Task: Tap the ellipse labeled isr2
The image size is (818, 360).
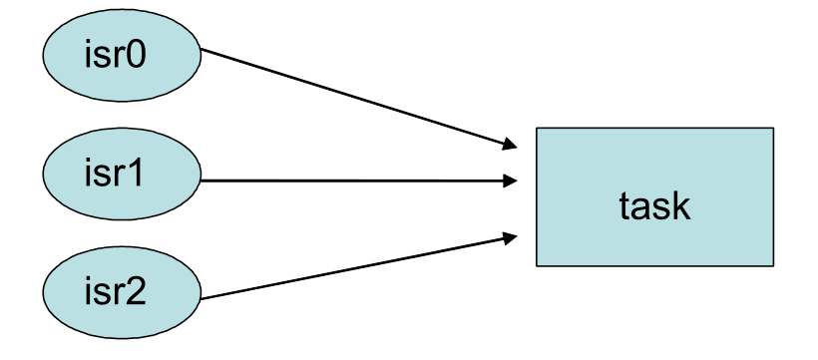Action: (x=120, y=295)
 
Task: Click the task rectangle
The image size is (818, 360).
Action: (x=654, y=197)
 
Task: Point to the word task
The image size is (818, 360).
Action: (x=654, y=205)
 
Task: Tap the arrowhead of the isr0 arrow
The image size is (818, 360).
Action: (x=511, y=147)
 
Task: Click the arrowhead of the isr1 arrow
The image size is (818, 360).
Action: (x=511, y=180)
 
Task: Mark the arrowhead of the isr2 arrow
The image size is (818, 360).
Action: (x=511, y=236)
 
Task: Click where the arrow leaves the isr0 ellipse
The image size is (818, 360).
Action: (x=202, y=51)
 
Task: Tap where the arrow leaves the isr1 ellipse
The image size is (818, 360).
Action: (x=203, y=180)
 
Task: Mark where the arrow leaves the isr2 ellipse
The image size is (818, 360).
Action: (x=202, y=298)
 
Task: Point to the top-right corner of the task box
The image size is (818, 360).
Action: (x=773, y=128)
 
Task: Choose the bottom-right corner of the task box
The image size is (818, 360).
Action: (x=773, y=266)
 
